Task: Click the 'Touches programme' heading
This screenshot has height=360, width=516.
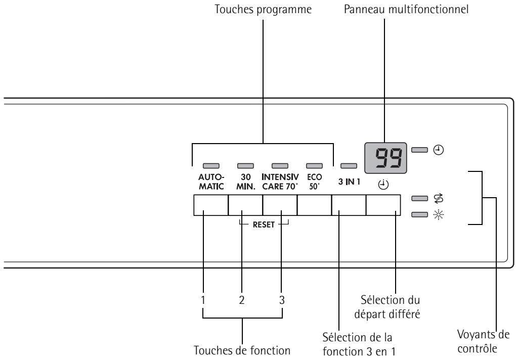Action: (x=263, y=9)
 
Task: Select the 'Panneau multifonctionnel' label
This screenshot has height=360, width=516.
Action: (x=406, y=9)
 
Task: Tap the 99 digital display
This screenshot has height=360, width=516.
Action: (x=385, y=158)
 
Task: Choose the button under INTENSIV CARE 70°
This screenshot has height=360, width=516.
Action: (x=280, y=205)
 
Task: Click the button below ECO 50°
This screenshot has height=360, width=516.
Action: (x=314, y=205)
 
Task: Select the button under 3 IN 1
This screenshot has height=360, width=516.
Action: (x=349, y=205)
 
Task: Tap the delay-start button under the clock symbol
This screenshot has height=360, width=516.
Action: (x=383, y=205)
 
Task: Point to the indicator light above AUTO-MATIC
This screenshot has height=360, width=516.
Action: (x=211, y=166)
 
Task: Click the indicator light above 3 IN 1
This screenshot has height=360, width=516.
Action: (x=349, y=166)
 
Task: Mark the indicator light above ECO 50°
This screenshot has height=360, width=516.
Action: (x=314, y=166)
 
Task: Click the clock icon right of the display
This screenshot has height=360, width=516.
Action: (x=438, y=150)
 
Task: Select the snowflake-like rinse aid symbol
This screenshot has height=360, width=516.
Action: (x=438, y=215)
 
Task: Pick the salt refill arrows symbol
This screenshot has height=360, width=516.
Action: (x=438, y=198)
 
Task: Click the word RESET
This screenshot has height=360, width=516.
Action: (x=264, y=225)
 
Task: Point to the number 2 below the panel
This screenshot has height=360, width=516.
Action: (x=242, y=300)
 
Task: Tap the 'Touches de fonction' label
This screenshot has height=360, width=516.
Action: (x=242, y=350)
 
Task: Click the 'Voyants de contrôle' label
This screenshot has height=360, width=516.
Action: (x=483, y=342)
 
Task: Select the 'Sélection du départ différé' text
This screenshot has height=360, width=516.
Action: (x=387, y=307)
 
